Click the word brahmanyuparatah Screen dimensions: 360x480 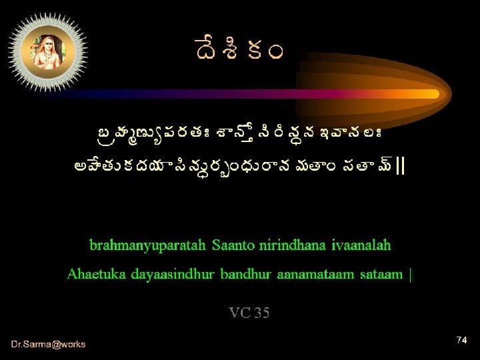148,245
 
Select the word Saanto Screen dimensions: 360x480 235,245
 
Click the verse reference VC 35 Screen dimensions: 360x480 249,313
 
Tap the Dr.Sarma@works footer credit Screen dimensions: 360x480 48,344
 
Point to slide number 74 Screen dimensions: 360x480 461,341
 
